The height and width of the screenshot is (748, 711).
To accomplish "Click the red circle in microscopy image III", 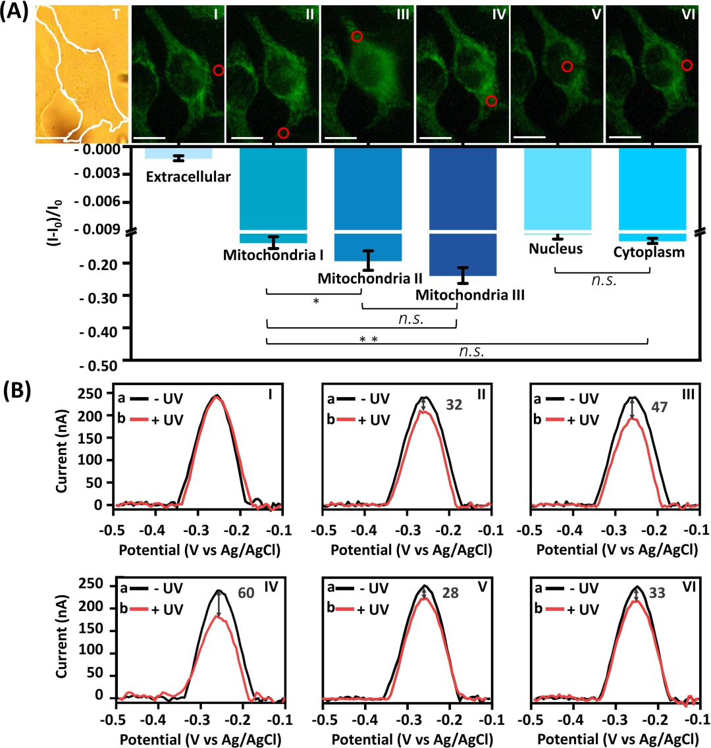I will [357, 37].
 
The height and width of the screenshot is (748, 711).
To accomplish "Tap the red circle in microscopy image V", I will [566, 66].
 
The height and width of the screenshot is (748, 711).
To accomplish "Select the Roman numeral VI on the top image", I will [689, 14].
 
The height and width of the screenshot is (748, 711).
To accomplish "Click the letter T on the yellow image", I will [116, 14].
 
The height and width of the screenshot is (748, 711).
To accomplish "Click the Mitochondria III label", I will [469, 294].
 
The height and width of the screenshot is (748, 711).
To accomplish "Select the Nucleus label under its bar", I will [556, 248].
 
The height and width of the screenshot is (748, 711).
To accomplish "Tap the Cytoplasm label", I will [648, 252].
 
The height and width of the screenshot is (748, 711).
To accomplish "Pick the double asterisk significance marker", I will [367, 340].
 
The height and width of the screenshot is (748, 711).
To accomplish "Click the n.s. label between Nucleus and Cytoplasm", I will [603, 279].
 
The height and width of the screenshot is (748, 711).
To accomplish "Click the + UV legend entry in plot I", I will [164, 419].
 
